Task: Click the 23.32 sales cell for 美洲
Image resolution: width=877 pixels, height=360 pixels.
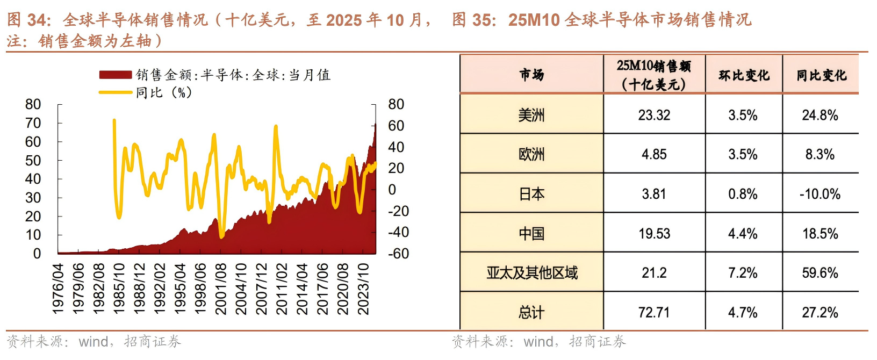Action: (654, 115)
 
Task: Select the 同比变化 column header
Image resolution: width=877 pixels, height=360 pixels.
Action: (821, 75)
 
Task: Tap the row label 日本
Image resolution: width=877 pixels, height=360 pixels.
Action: (531, 194)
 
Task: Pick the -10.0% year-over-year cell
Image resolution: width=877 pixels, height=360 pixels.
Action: (820, 194)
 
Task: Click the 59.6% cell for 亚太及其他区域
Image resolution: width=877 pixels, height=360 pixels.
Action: (820, 273)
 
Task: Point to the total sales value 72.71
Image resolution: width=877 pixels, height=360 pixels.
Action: (654, 312)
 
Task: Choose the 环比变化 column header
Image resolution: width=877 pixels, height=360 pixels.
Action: (744, 75)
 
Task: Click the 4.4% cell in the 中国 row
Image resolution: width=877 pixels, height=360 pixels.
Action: (743, 234)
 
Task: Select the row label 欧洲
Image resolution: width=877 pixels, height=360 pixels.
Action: (531, 155)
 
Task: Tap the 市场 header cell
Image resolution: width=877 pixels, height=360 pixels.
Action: (531, 75)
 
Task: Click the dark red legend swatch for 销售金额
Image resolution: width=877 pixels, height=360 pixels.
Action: (116, 75)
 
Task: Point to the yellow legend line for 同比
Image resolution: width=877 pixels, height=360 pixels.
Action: (116, 92)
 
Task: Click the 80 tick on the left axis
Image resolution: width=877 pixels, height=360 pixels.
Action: (33, 104)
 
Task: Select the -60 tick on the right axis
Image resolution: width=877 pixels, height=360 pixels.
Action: (398, 254)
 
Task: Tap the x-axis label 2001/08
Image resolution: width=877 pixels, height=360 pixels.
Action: (220, 289)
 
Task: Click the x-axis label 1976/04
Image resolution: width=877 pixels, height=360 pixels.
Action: (58, 289)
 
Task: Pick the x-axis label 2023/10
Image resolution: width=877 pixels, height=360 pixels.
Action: (364, 289)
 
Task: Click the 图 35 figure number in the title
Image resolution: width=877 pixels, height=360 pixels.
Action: (472, 20)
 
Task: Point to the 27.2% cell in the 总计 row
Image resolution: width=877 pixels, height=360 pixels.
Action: (820, 312)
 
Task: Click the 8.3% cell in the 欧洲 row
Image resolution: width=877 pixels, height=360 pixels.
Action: (820, 155)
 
